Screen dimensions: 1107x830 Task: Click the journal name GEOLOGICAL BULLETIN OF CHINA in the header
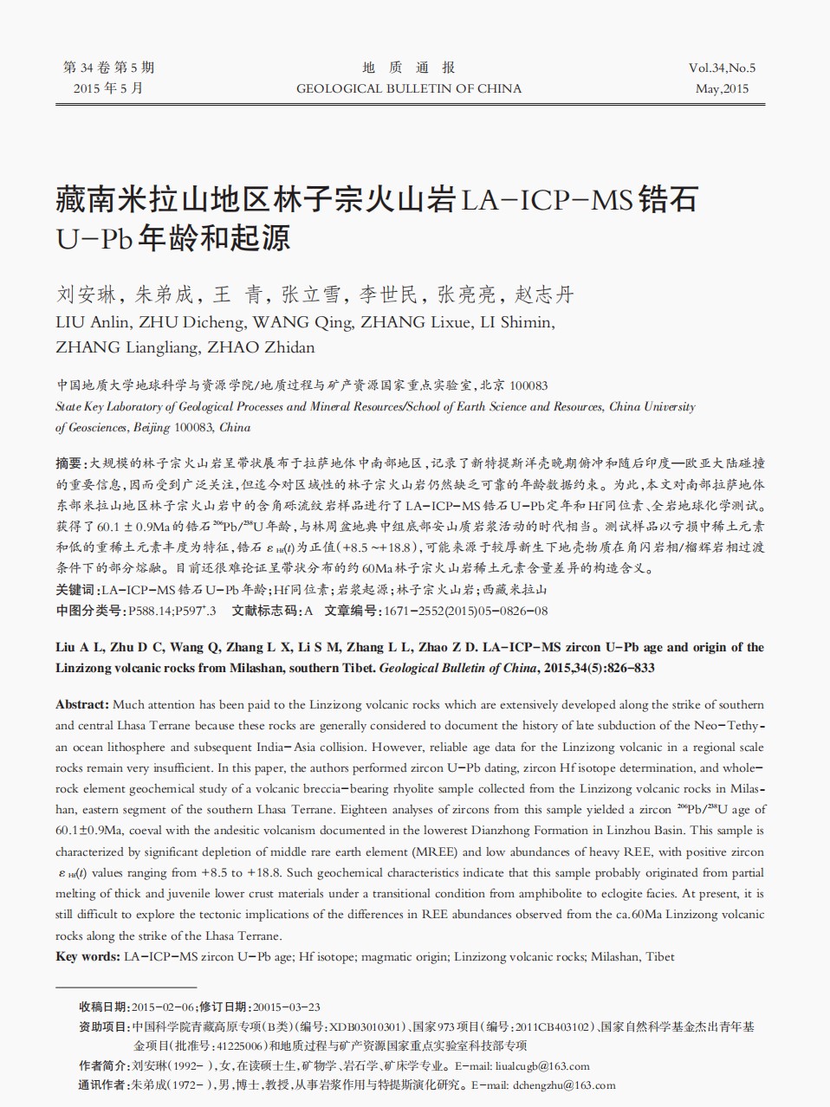tap(409, 88)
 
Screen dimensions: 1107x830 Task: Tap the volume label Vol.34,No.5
tap(722, 68)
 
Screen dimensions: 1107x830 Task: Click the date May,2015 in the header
tap(722, 88)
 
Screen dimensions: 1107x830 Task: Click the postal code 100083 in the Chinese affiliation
tap(528, 385)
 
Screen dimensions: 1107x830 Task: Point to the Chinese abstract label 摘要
tap(69, 463)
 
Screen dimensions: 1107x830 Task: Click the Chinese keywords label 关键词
tap(76, 590)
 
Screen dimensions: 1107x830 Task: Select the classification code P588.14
tap(151, 611)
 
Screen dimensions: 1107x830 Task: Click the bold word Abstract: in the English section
tap(82, 704)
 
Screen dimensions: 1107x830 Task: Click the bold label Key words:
tap(88, 956)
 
